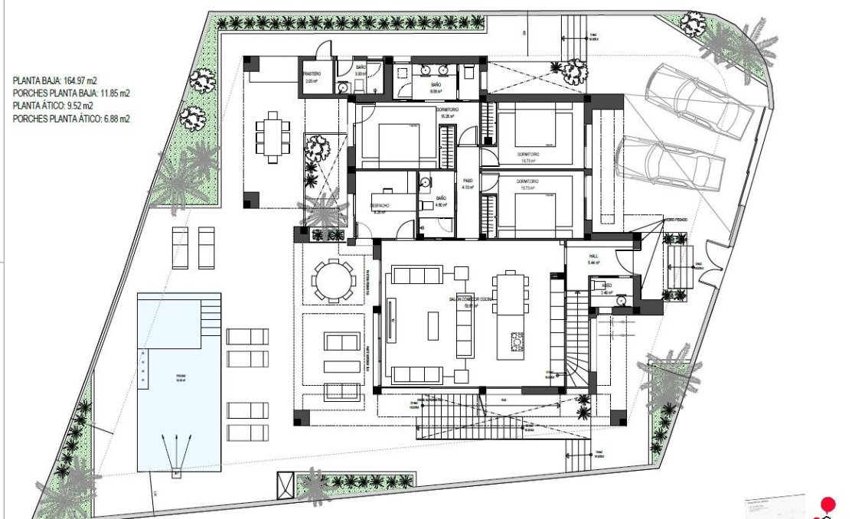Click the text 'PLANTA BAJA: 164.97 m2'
pyautogui.click(x=64, y=80)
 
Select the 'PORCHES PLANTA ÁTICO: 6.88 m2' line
pyautogui.click(x=71, y=119)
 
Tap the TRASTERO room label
pyautogui.click(x=312, y=74)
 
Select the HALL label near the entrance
pyautogui.click(x=592, y=258)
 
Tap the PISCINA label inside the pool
pyautogui.click(x=181, y=376)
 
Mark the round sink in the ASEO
pyautogui.click(x=622, y=301)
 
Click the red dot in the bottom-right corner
pyautogui.click(x=827, y=504)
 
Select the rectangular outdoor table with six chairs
pyautogui.click(x=273, y=138)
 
